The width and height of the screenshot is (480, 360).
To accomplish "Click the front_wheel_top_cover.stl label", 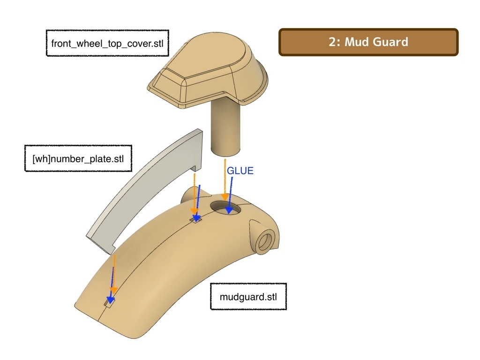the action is coord(107,43).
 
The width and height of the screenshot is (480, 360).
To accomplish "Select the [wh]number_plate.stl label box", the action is coord(78,158).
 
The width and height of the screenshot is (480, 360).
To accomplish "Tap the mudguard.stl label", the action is coord(248,297).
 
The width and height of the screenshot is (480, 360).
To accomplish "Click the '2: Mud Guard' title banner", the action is coord(368,42).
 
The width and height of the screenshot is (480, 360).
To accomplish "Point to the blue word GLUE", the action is coord(240,171).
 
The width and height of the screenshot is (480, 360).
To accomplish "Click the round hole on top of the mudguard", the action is coord(225,208).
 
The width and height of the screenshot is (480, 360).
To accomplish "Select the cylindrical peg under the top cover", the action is coord(226,127).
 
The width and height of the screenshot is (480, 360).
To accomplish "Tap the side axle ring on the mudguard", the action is coord(264,241).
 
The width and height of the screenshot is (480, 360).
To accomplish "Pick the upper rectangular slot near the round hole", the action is coord(196,219).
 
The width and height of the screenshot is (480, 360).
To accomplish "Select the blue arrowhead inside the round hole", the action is coord(229,210).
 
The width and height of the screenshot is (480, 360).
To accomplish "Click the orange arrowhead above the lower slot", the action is coord(113,290).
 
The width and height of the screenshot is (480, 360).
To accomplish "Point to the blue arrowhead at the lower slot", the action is coord(111,300).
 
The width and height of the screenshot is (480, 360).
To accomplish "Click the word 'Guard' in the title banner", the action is coord(391,42).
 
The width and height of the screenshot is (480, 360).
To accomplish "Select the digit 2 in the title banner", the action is coord(332,42).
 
